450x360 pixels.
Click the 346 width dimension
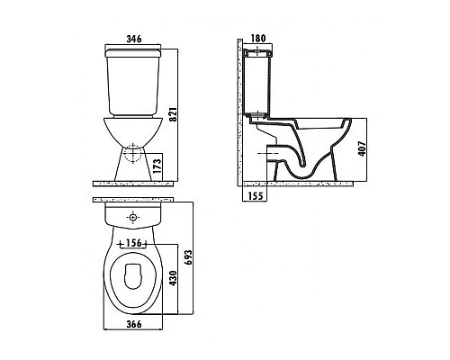click(134, 39)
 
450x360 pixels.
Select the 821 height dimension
click(173, 114)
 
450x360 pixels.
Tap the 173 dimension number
click(157, 166)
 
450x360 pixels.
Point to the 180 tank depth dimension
click(258, 39)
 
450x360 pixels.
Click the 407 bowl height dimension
click(362, 148)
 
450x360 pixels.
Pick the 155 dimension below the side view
click(256, 196)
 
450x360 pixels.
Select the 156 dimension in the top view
click(133, 243)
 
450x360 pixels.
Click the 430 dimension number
click(173, 278)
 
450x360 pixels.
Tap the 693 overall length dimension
click(188, 257)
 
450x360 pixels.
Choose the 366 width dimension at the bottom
click(134, 324)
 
